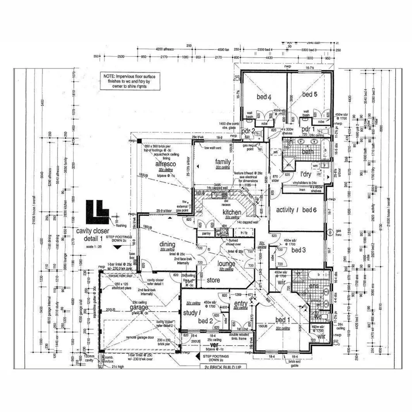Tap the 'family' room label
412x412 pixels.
point(223,161)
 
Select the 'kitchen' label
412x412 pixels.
point(232,212)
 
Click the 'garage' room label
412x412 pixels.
point(138,307)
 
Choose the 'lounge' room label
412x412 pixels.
point(226,264)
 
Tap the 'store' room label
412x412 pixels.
point(214,280)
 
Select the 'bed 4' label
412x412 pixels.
point(263,97)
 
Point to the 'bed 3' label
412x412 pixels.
point(299,250)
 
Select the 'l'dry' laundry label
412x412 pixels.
point(307,174)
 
